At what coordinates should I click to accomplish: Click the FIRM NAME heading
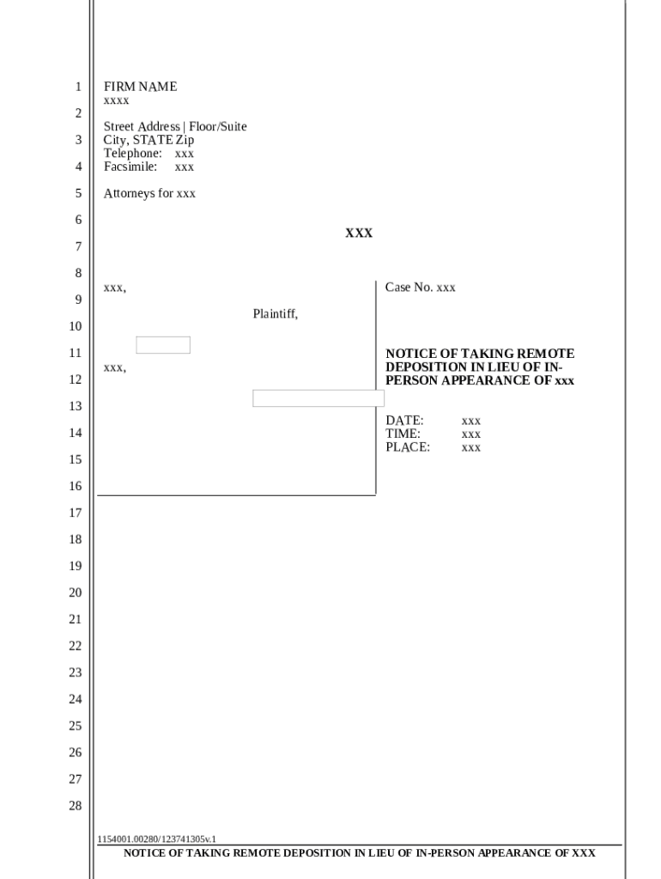tap(140, 87)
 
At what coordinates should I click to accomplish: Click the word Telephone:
tap(133, 154)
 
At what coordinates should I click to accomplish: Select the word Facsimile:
tap(130, 167)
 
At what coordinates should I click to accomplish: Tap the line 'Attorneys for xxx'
tap(149, 194)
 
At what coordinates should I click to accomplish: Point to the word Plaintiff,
tap(275, 314)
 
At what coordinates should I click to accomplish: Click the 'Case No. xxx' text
tap(420, 288)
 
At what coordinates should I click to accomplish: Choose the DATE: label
tap(404, 421)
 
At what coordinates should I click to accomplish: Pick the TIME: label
tap(403, 434)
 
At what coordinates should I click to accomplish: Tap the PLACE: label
tap(408, 447)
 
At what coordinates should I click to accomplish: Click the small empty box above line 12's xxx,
tap(163, 345)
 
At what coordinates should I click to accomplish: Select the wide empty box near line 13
tap(318, 398)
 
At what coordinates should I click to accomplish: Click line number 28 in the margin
tap(76, 806)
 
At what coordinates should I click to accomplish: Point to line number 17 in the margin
tap(76, 513)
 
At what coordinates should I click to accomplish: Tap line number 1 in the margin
tap(78, 87)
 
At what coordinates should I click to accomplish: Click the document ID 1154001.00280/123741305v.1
tap(157, 839)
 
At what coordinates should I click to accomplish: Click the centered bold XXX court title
tap(359, 233)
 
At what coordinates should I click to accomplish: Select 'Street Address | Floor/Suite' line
tap(175, 127)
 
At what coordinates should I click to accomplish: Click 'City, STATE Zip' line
tap(149, 140)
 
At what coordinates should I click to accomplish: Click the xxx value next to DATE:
tap(470, 421)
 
